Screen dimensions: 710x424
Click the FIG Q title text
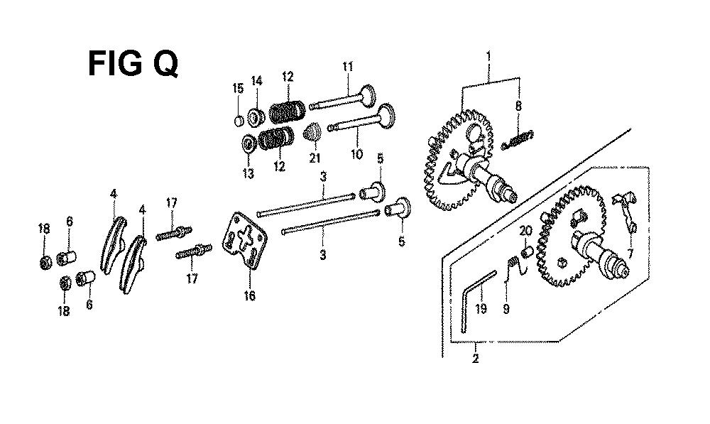133,64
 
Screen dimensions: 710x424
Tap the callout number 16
249,295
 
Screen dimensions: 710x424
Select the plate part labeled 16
244,240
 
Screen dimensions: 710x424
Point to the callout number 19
481,309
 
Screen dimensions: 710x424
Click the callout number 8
518,107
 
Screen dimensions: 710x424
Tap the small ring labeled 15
239,121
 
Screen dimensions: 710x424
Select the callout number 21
315,158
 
